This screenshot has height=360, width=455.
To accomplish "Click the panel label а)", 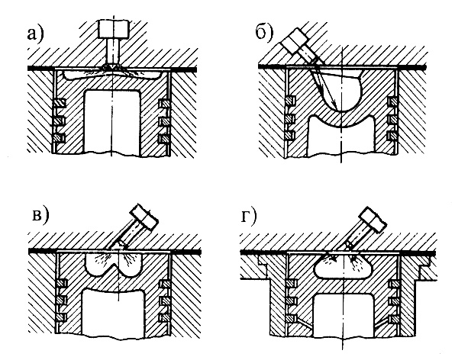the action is point(35,34).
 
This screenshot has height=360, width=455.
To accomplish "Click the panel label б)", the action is point(265,33).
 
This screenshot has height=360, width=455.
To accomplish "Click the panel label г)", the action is point(249,217).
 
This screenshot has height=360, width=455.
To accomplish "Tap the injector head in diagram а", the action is point(114,29).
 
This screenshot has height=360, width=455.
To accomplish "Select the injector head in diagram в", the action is point(144,217).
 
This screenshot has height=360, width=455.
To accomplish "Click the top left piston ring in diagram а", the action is point(60,103).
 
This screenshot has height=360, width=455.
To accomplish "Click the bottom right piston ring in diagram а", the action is point(164,139).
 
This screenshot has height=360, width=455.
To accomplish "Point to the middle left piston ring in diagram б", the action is point(290,118).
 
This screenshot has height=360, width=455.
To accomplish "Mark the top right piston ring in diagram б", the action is point(393,101).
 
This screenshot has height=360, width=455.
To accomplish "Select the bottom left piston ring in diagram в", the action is point(61,317).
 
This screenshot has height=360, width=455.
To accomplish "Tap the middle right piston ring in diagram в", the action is point(166,300).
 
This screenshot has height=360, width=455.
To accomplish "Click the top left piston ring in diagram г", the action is point(290,284).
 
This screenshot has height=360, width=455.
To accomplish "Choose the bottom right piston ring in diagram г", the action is point(394,319).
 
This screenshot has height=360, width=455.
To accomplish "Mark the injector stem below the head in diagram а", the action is point(113,52).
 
